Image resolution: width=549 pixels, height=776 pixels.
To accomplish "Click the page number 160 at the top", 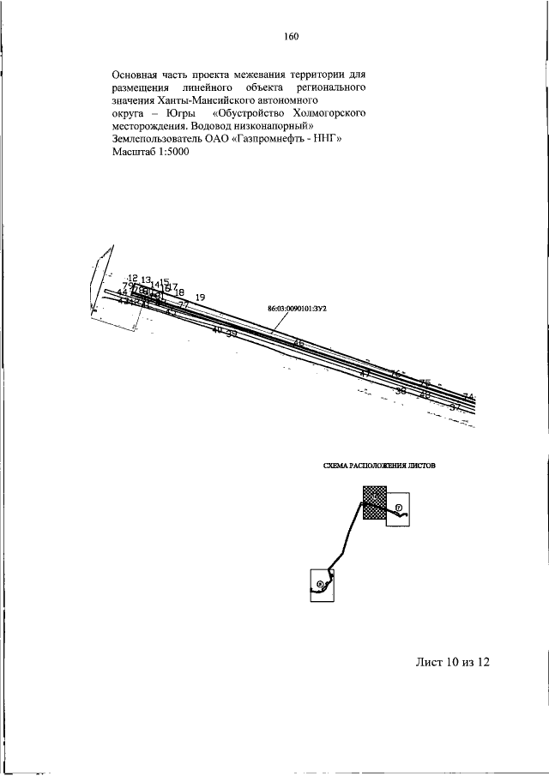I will tap(290, 36).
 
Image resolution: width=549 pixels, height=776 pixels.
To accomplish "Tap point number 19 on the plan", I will tap(200, 298).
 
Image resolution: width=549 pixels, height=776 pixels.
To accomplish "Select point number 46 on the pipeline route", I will tap(299, 344).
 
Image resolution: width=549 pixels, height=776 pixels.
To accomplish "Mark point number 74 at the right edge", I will tap(468, 397).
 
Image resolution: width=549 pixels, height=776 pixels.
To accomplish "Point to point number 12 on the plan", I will tap(132, 278).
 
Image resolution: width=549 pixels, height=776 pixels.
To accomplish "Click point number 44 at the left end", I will tap(122, 292).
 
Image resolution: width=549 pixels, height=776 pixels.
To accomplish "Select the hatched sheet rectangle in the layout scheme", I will tap(374, 502).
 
